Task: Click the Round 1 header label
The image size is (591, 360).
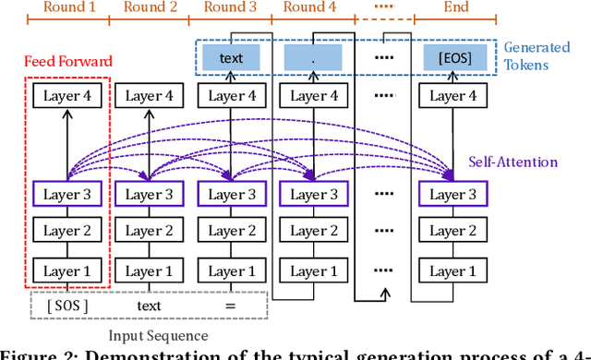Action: click(67, 7)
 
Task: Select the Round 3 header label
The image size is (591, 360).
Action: click(231, 7)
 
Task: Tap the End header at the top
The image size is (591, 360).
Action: click(455, 7)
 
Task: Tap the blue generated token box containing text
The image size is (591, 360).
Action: click(232, 59)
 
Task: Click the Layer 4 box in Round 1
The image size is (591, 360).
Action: click(66, 96)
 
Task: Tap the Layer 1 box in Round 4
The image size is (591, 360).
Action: click(314, 271)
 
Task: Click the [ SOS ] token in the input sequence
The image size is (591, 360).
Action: click(67, 306)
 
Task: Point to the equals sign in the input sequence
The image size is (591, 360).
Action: click(231, 306)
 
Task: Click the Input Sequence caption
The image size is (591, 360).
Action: click(158, 335)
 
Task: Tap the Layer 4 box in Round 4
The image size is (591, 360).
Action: click(314, 96)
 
